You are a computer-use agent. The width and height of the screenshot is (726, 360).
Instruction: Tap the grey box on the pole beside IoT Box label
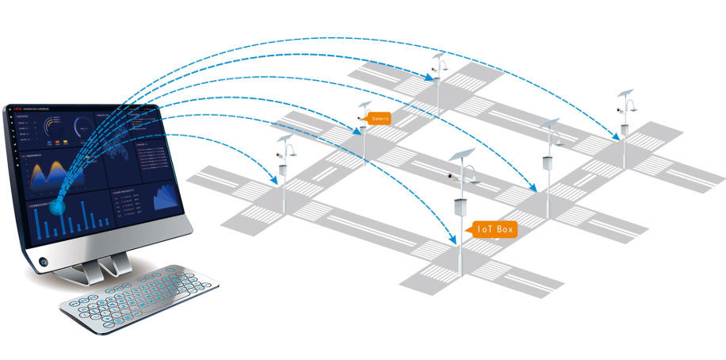point(458,207)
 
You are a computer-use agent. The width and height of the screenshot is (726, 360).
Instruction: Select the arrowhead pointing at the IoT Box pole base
point(455,240)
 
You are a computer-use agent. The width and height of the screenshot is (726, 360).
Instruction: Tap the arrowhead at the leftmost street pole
point(275,182)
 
